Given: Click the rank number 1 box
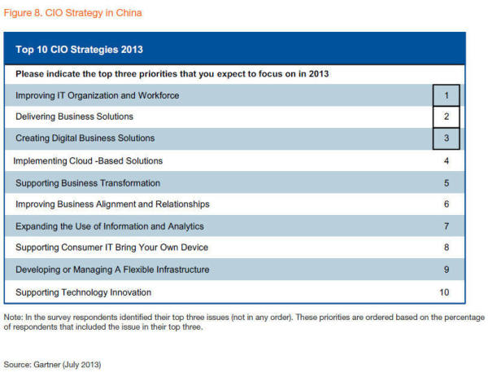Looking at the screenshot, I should [446, 95].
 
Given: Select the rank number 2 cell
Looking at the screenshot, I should [446, 116].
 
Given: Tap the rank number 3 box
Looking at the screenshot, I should [446, 138].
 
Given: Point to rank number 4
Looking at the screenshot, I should [446, 160].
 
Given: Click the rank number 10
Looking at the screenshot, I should [444, 292].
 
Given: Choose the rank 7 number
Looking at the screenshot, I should [446, 226].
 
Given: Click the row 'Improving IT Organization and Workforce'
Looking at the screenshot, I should [97, 95].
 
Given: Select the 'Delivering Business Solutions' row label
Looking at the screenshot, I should [74, 116].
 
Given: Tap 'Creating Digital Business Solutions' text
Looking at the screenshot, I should [85, 138].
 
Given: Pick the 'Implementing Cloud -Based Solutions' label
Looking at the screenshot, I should [88, 160].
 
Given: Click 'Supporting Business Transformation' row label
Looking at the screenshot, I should [88, 182].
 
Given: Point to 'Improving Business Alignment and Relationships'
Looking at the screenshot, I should [112, 204].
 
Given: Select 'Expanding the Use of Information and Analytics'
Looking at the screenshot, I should [110, 226].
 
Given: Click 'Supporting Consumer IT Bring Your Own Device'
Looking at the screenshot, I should [112, 248].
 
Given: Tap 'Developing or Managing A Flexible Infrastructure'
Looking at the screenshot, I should [112, 270].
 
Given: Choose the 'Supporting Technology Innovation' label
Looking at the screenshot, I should [83, 292].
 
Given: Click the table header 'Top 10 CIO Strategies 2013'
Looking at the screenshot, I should [79, 50].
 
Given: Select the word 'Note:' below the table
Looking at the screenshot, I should [13, 317].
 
